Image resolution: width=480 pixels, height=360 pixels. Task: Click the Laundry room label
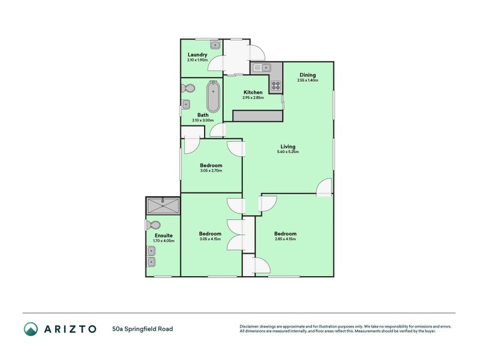coord(197,55)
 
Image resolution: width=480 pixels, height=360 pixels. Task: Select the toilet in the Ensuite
coord(152,225)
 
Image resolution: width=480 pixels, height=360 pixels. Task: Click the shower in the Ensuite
coord(163,206)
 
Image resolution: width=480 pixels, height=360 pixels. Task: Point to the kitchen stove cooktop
coord(276,85)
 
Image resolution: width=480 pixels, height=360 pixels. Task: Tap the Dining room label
coord(308,75)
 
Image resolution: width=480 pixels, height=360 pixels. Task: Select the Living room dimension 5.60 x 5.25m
coord(287,152)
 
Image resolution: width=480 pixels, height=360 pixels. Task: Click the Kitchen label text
coord(235,92)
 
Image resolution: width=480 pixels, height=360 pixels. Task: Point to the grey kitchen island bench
coord(257,116)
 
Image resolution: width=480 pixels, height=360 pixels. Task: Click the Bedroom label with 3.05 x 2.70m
coord(211,166)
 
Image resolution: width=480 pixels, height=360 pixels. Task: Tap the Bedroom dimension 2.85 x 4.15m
coord(286,239)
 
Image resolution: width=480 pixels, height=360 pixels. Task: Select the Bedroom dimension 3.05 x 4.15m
coord(211,239)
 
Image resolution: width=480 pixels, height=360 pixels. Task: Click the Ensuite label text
coord(163,236)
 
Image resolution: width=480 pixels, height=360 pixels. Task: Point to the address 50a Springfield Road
coord(142,329)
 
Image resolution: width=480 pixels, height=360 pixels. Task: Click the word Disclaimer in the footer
coord(251,326)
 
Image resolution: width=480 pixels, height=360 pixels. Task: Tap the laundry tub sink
coord(214,44)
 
